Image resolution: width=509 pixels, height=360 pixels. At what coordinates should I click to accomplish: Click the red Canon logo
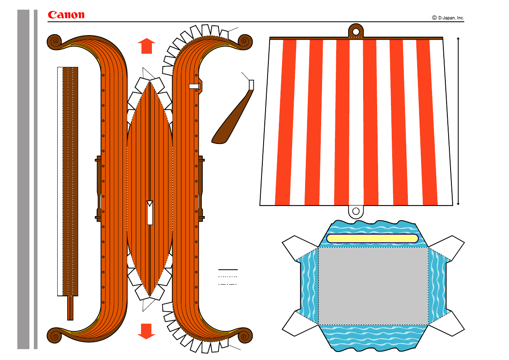tap(66, 15)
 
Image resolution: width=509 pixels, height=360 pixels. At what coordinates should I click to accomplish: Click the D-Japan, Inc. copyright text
tap(448, 18)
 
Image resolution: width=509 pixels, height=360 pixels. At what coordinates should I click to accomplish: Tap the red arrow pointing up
tap(146, 46)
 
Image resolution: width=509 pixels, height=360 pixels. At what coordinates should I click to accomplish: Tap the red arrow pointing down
tap(146, 331)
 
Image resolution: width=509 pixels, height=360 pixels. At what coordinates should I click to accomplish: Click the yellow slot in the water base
tap(372, 238)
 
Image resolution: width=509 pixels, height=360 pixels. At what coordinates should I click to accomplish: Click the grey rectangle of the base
tap(373, 286)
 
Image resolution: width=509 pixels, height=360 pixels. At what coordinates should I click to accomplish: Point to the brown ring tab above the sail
tap(356, 30)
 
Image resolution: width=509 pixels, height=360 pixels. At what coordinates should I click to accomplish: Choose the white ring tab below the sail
tap(356, 212)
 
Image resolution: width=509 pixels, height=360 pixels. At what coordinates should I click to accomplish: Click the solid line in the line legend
tap(228, 270)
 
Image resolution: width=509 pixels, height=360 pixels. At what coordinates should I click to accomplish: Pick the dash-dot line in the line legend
tap(227, 284)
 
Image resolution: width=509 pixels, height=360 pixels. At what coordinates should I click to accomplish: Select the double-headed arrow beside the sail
tap(458, 121)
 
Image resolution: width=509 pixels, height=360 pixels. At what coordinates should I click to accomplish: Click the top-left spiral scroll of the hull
tap(55, 42)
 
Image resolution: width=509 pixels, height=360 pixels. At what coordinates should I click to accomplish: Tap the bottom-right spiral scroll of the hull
tap(245, 336)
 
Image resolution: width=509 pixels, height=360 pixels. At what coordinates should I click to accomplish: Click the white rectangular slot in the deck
tap(150, 213)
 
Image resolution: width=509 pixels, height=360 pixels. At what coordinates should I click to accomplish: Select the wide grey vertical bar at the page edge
tap(23, 179)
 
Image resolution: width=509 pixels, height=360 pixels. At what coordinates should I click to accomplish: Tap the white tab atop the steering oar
tap(251, 85)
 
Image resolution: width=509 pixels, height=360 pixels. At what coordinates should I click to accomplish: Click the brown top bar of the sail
tap(356, 38)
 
